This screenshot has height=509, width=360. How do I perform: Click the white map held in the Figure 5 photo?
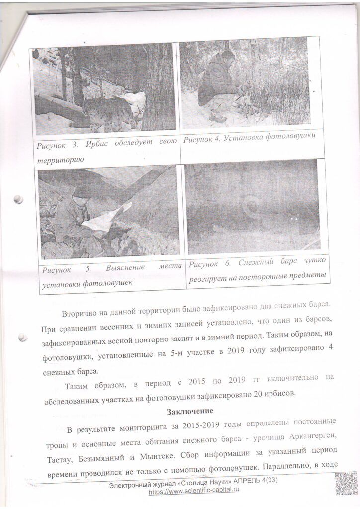106,218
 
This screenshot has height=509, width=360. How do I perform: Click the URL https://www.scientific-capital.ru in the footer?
194,491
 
